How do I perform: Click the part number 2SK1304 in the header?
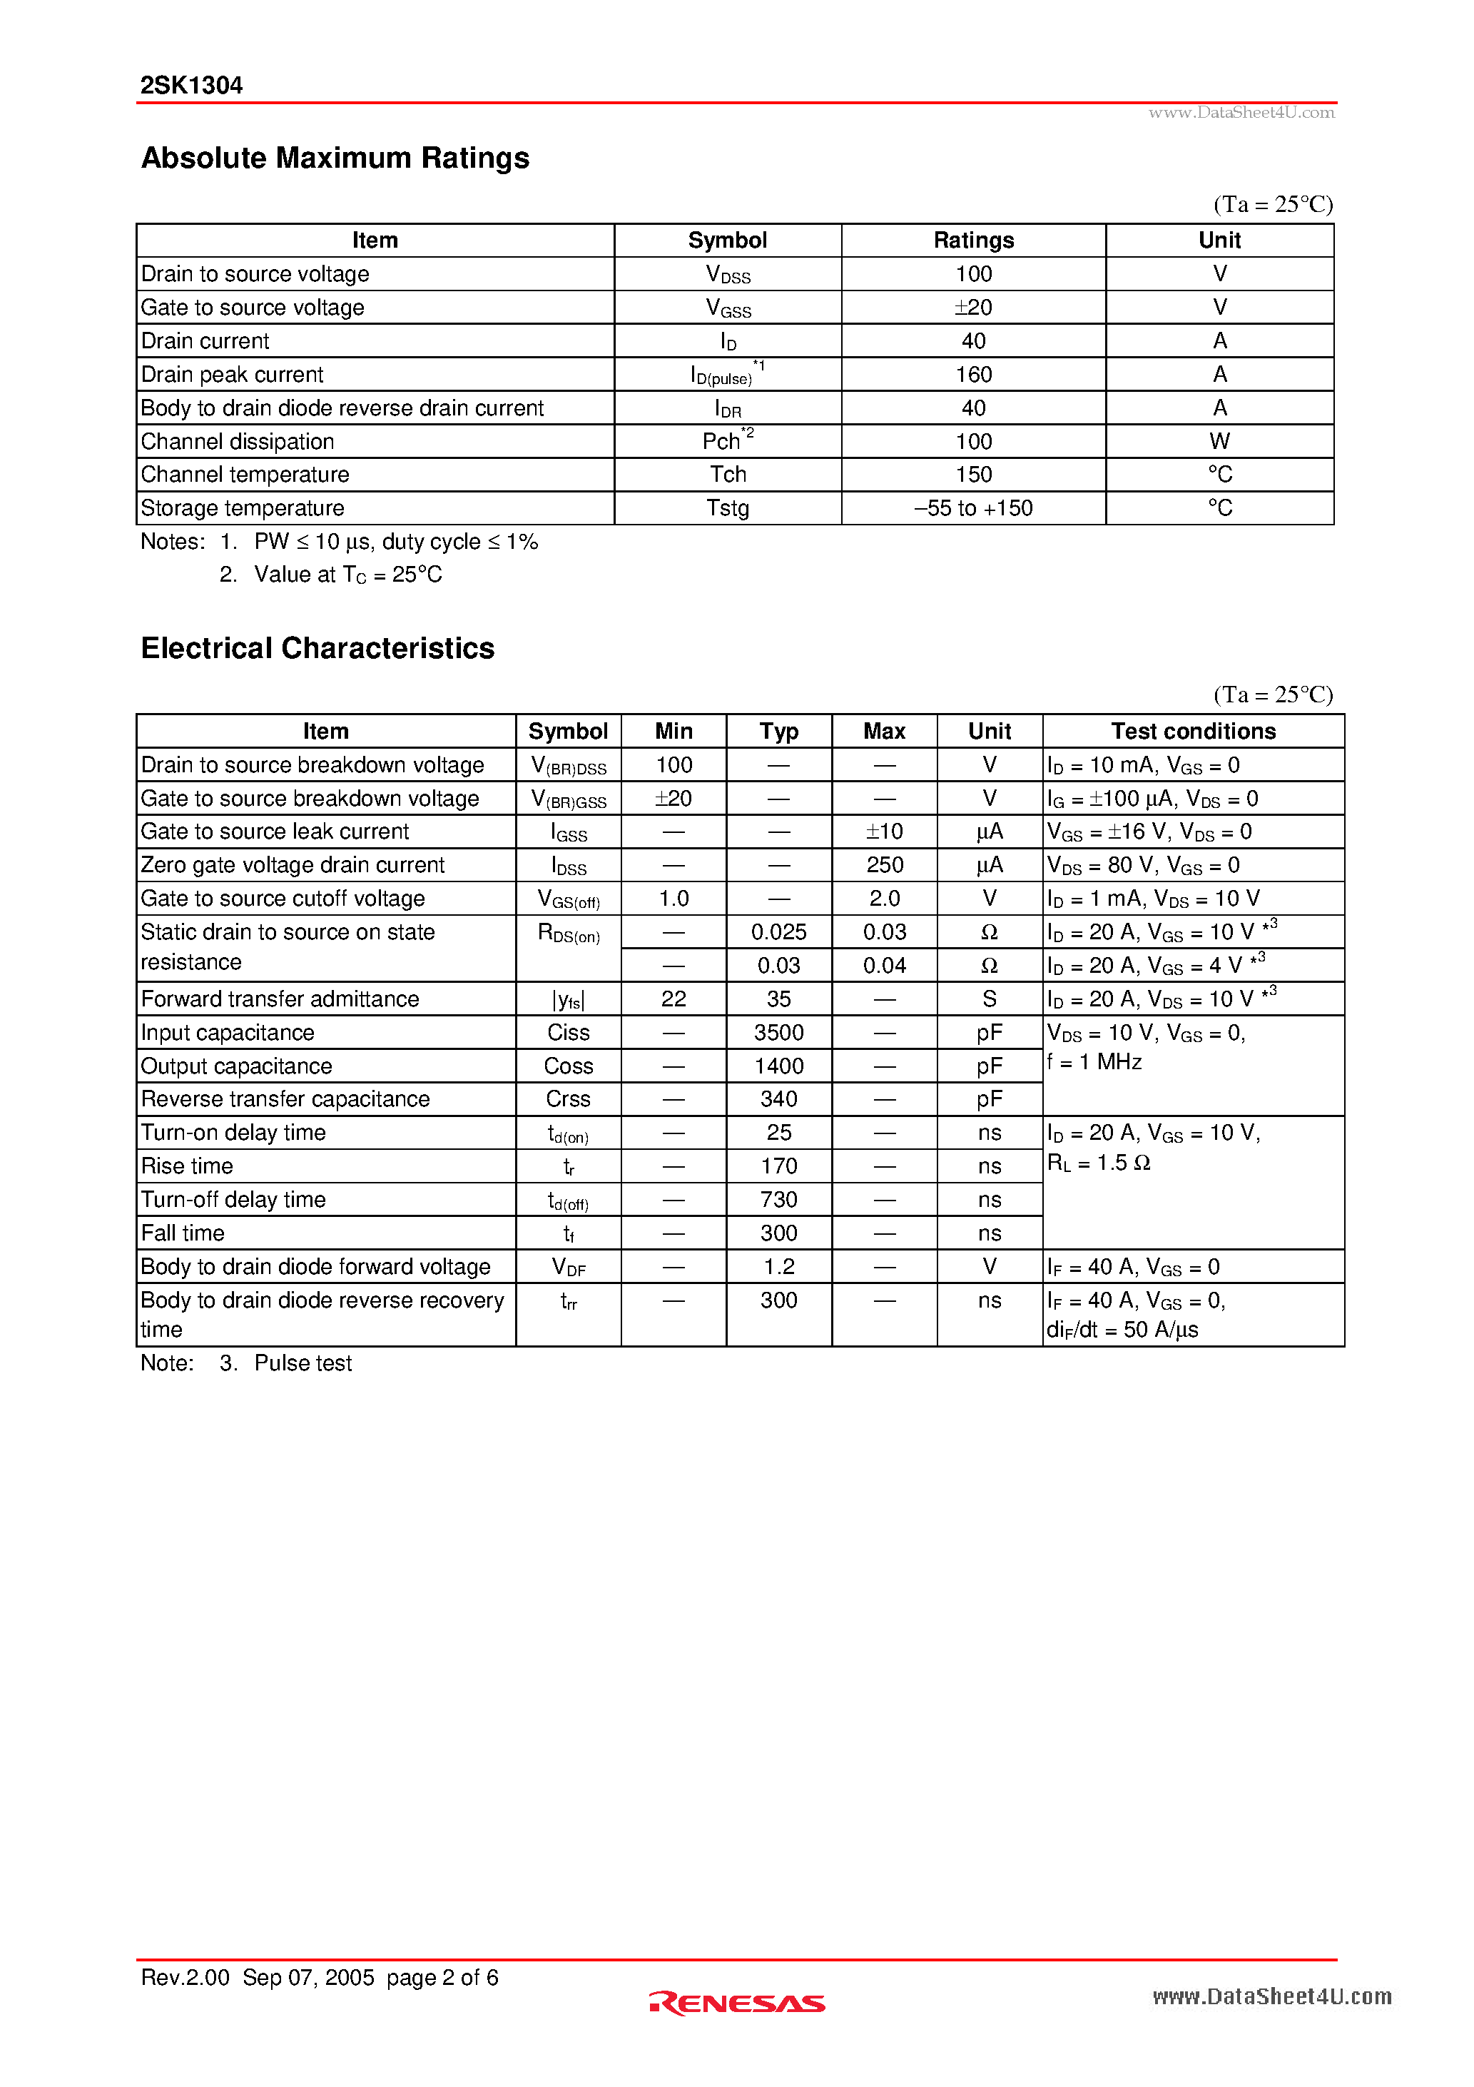tap(190, 86)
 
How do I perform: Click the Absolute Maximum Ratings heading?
tap(335, 158)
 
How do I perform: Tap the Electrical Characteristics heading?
tap(317, 648)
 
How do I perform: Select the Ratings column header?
tap(973, 240)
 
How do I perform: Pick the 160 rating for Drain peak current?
tap(973, 375)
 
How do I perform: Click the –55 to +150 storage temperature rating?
tap(973, 508)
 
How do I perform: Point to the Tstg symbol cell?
tap(727, 508)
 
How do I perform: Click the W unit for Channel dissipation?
tap(1219, 442)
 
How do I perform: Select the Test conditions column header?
tap(1192, 732)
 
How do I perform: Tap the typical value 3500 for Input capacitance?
tap(779, 1033)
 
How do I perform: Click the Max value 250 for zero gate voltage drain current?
tap(884, 865)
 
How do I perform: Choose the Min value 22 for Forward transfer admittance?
tap(674, 999)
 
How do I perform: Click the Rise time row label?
tap(187, 1166)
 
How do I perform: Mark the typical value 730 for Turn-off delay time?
tap(779, 1200)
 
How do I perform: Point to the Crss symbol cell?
tap(568, 1099)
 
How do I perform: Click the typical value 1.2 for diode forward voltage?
tap(779, 1267)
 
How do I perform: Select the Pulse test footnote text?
tap(303, 1363)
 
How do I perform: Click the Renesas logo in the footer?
tap(737, 2003)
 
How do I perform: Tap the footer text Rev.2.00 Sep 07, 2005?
tap(257, 1978)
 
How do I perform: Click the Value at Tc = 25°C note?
tap(348, 575)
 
